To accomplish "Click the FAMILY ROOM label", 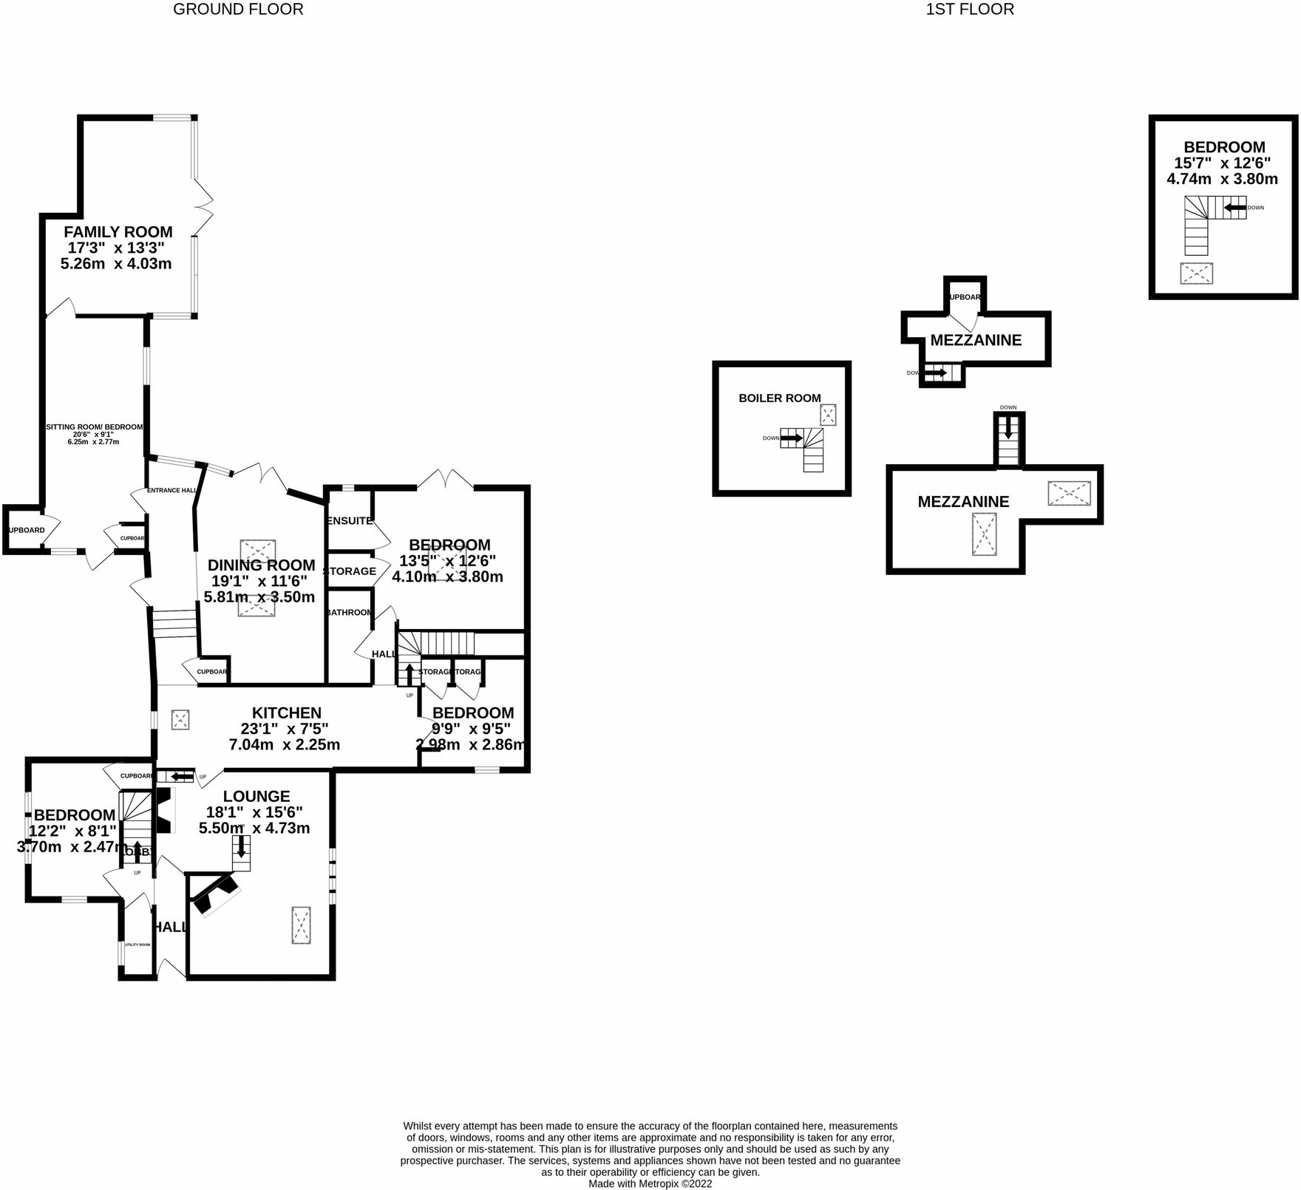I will tap(118, 232).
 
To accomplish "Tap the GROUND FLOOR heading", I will tap(238, 10).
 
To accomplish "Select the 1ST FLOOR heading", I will tap(970, 10).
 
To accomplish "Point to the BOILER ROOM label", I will tap(780, 398).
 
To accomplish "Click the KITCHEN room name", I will tap(287, 713).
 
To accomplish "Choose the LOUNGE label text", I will tap(257, 797).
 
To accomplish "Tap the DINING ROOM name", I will tap(261, 565).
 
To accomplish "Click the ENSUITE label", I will tap(350, 521).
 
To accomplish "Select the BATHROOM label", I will tap(350, 613).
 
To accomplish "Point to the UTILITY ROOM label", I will tap(137, 945).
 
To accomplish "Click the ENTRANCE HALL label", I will tap(171, 490).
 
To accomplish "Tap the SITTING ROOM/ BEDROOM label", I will tap(94, 427).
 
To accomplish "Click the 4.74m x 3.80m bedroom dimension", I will tap(1223, 179).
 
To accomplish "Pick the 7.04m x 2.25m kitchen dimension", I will tap(285, 745).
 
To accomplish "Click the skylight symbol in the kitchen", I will tap(180, 720).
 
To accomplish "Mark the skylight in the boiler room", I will tap(828, 415).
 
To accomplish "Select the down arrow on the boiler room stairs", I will tap(791, 438).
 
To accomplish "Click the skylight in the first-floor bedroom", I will tap(1197, 273).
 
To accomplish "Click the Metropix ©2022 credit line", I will tap(650, 1183).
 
